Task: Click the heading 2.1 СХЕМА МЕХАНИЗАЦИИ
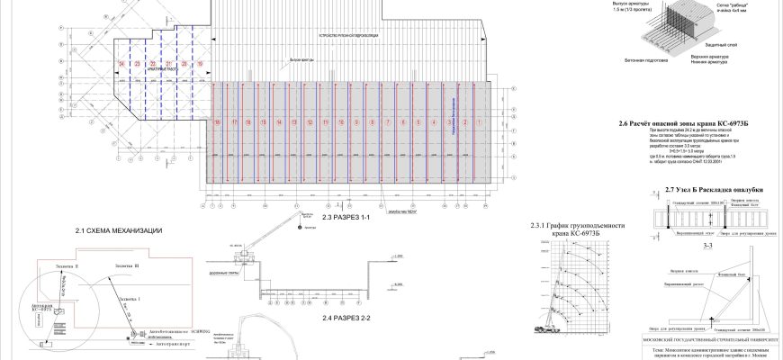pos(119,231)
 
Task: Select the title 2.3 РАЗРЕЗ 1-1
pos(346,219)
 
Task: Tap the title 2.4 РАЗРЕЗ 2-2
pos(346,318)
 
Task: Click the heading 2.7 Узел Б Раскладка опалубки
pos(715,190)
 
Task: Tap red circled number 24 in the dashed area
pos(121,64)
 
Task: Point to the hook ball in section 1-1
pos(297,227)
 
